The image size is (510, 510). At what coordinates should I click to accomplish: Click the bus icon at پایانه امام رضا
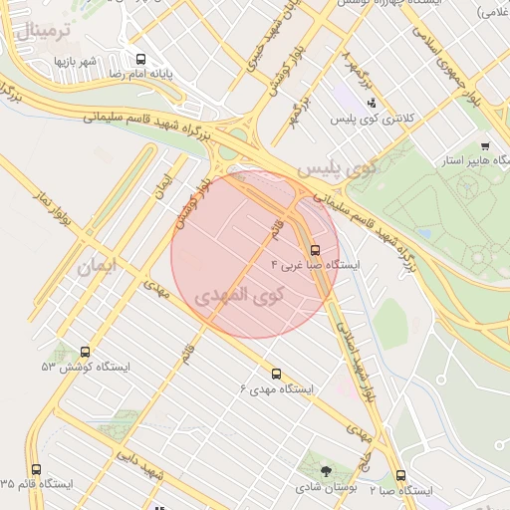(x=139, y=60)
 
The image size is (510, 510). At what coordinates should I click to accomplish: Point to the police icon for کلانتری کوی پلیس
(x=372, y=103)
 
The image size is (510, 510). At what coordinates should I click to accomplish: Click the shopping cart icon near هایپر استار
(x=485, y=145)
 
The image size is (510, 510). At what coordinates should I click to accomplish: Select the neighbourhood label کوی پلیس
(x=339, y=167)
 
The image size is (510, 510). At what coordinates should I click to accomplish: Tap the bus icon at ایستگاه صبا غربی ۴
(x=316, y=250)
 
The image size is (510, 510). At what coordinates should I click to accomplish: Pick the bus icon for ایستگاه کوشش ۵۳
(x=85, y=352)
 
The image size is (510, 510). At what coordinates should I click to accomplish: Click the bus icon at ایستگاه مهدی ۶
(x=276, y=374)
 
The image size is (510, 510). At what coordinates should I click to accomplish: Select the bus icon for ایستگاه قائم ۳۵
(x=37, y=469)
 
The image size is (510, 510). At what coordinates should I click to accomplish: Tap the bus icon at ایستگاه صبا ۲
(x=401, y=476)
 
